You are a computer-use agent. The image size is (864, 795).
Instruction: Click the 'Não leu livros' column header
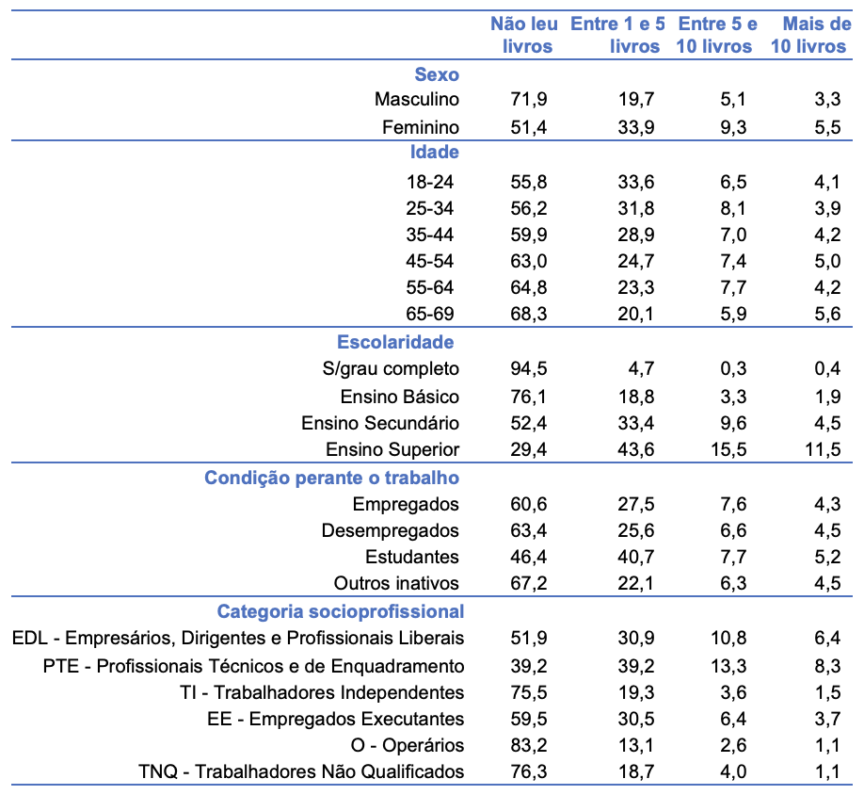[x=521, y=35]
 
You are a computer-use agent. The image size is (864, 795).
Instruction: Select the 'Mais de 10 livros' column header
[x=809, y=35]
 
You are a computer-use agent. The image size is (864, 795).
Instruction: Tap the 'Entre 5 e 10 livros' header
[x=715, y=35]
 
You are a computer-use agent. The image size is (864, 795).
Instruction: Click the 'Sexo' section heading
[x=437, y=73]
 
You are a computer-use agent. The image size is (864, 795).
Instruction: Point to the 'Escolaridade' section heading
[x=395, y=342]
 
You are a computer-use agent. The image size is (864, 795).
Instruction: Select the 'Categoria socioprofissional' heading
[x=341, y=611]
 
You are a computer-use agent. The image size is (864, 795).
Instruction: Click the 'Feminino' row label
[x=421, y=127]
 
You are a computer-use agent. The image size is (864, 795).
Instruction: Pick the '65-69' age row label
[x=434, y=315]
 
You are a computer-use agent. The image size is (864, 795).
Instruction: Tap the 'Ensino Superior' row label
[x=392, y=449]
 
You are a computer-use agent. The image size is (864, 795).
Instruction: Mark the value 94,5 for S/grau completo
[x=527, y=368]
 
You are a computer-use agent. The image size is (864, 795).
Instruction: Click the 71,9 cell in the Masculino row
[x=527, y=99]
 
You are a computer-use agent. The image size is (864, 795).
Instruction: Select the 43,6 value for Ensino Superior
[x=634, y=449]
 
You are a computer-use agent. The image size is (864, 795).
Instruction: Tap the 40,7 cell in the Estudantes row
[x=634, y=557]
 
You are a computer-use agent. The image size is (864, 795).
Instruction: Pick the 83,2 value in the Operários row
[x=527, y=745]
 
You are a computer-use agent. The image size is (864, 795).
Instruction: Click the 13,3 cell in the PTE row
[x=728, y=666]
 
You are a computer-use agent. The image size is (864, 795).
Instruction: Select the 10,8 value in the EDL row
[x=728, y=639]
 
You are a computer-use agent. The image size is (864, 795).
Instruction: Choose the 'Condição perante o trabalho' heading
[x=332, y=478]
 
